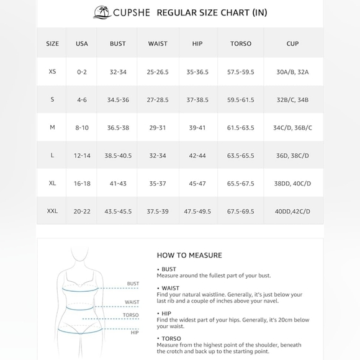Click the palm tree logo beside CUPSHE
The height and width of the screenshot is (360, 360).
(x=101, y=12)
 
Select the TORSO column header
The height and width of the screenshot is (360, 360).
(x=241, y=43)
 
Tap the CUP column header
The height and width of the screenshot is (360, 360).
(x=293, y=43)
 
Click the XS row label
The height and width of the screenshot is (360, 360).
(x=52, y=72)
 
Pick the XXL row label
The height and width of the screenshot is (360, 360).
(x=52, y=211)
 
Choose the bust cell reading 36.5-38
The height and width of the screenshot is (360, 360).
(x=118, y=127)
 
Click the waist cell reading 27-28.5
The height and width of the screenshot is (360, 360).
(x=158, y=99)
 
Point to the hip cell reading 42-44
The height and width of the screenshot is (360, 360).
(x=197, y=155)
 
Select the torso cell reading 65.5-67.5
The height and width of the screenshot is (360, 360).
(x=241, y=183)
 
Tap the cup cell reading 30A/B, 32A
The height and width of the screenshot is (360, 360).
(x=293, y=72)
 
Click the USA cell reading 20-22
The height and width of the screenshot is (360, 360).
(x=82, y=211)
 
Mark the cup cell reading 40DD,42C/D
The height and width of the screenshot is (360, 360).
(x=293, y=211)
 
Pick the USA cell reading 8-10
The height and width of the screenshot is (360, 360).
(x=82, y=127)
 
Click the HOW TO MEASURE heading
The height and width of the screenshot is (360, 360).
(x=189, y=255)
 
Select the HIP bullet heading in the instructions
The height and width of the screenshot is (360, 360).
(x=166, y=313)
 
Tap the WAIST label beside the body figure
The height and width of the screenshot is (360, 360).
(x=132, y=302)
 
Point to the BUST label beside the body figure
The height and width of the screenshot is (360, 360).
(x=133, y=284)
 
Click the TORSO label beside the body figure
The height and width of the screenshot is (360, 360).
(x=131, y=315)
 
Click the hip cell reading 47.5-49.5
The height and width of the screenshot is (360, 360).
(x=197, y=211)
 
